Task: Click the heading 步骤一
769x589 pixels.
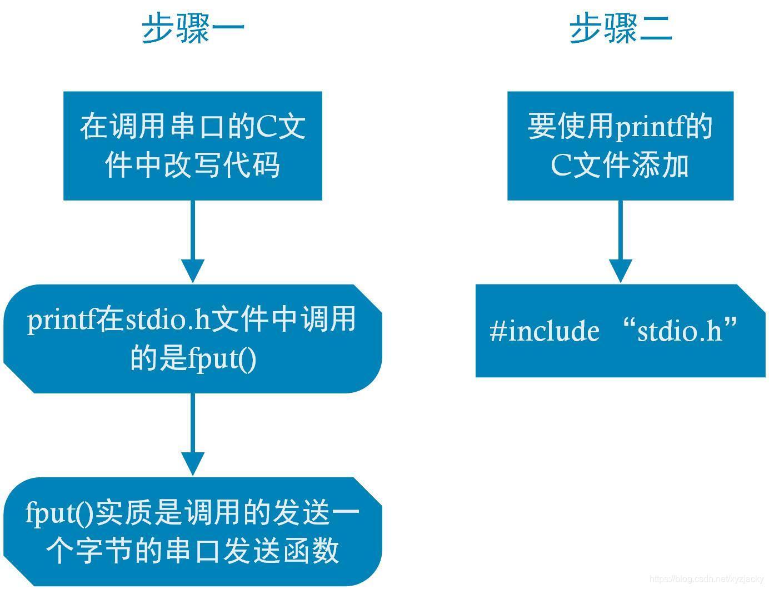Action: [193, 29]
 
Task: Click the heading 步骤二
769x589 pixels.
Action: [621, 29]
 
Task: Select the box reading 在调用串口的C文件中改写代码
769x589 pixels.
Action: [192, 146]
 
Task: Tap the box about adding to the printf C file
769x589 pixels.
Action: [620, 146]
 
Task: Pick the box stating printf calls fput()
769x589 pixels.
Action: [192, 338]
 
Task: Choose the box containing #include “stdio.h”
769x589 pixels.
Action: [620, 331]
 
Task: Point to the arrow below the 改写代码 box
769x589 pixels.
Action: [192, 242]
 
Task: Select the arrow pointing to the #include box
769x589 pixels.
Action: [620, 242]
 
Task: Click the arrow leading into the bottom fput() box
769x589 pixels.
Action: [192, 435]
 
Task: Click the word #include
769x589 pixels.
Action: [545, 331]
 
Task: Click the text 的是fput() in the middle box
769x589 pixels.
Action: [193, 358]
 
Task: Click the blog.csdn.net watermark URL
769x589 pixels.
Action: [706, 579]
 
